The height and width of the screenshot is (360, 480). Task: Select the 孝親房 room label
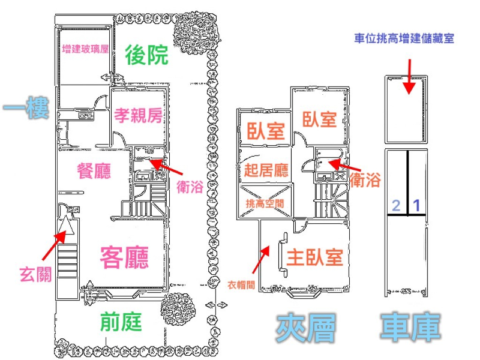pyautogui.click(x=139, y=115)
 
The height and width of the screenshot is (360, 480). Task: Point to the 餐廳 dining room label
pyautogui.click(x=94, y=172)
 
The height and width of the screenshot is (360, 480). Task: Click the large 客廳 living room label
pyautogui.click(x=124, y=257)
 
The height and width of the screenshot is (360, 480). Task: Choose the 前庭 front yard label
pyautogui.click(x=122, y=322)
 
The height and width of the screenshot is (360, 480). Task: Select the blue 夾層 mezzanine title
pyautogui.click(x=305, y=328)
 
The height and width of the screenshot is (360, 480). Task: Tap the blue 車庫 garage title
pyautogui.click(x=410, y=328)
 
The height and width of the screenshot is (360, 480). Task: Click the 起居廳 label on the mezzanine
pyautogui.click(x=267, y=170)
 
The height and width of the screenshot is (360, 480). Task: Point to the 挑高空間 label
pyautogui.click(x=265, y=203)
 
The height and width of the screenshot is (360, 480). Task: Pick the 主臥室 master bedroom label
pyautogui.click(x=315, y=257)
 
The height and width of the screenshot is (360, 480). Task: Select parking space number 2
pyautogui.click(x=396, y=206)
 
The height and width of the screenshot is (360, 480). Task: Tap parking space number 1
pyautogui.click(x=418, y=206)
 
